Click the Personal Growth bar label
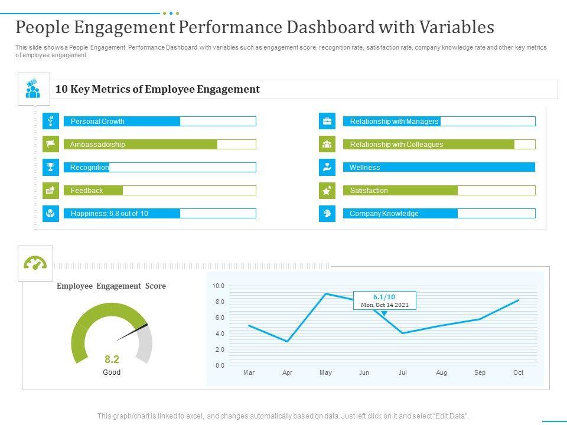(97, 122)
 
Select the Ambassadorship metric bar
(159, 145)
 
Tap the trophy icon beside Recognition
(51, 167)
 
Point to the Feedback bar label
(87, 191)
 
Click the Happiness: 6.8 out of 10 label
(109, 214)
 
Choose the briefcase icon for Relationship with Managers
(327, 122)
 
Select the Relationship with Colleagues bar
(439, 145)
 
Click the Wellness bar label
(364, 168)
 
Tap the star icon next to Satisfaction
(327, 190)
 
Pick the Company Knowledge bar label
(384, 214)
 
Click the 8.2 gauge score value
(112, 359)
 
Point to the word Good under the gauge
(112, 372)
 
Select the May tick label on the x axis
(325, 373)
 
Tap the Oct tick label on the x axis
(518, 373)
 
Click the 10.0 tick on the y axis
(219, 286)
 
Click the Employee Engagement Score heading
(111, 286)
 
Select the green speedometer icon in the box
(35, 263)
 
